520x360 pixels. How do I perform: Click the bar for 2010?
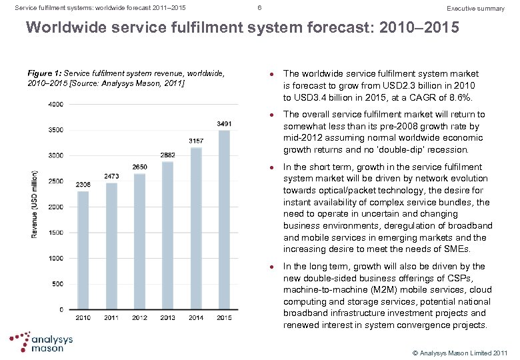[83, 250]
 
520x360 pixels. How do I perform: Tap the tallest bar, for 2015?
[224, 219]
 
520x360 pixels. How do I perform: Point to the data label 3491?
[225, 124]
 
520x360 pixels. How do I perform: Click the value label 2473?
[112, 176]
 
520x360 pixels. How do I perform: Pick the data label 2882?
[168, 155]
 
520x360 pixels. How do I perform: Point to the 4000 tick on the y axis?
[56, 104]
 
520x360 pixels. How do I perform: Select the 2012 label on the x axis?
[140, 318]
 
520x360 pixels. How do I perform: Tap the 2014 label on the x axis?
[196, 318]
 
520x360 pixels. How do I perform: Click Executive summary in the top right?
[475, 9]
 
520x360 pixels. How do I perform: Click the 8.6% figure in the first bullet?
[459, 97]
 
